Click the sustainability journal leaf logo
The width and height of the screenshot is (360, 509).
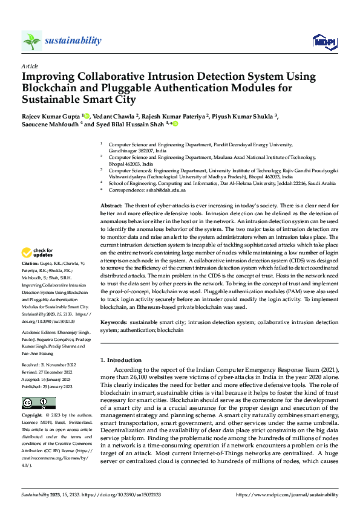(x=32, y=41)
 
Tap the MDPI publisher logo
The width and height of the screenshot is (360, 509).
(x=322, y=41)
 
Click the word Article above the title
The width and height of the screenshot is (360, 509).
(x=30, y=65)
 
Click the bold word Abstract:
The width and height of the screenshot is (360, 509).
(x=111, y=206)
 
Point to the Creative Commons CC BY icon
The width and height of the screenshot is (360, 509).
(x=38, y=403)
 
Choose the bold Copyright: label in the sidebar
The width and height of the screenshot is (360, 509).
(x=31, y=416)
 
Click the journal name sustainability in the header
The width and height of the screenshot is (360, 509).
(x=73, y=41)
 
